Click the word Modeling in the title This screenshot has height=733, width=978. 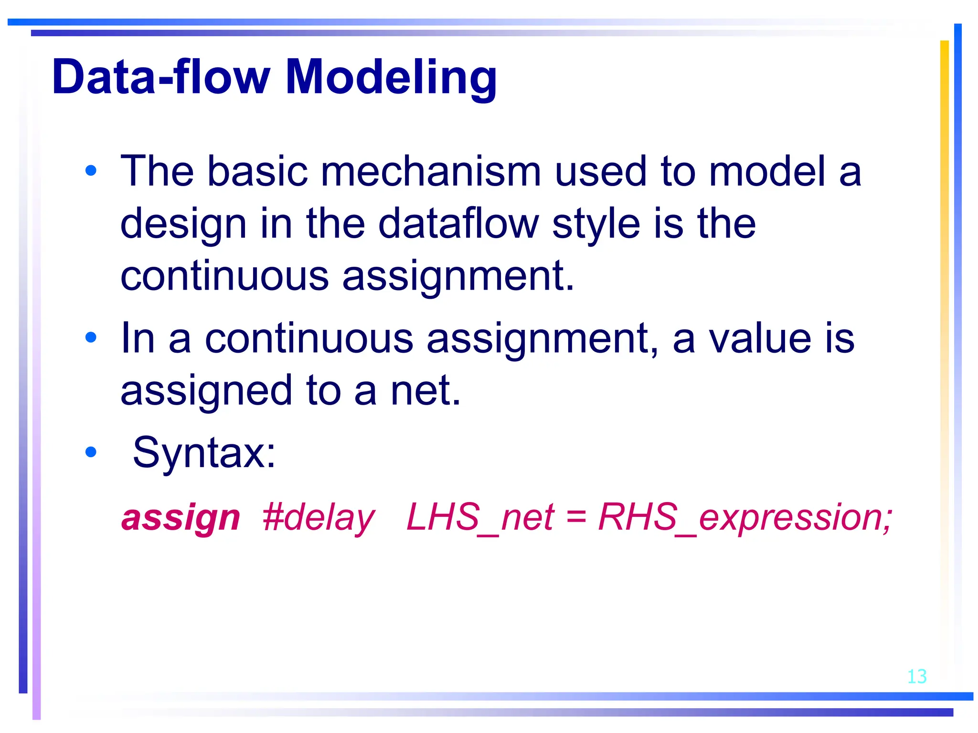[391, 77]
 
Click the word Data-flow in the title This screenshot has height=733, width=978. [161, 77]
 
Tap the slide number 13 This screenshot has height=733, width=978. [916, 677]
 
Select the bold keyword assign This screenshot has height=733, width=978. [181, 518]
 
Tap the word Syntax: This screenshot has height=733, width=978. [204, 452]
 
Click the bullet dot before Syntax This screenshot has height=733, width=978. [91, 452]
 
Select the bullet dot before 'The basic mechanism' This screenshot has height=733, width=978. [91, 170]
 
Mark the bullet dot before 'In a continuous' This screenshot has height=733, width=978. [91, 338]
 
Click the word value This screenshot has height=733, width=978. [760, 338]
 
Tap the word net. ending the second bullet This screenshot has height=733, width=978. [425, 390]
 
